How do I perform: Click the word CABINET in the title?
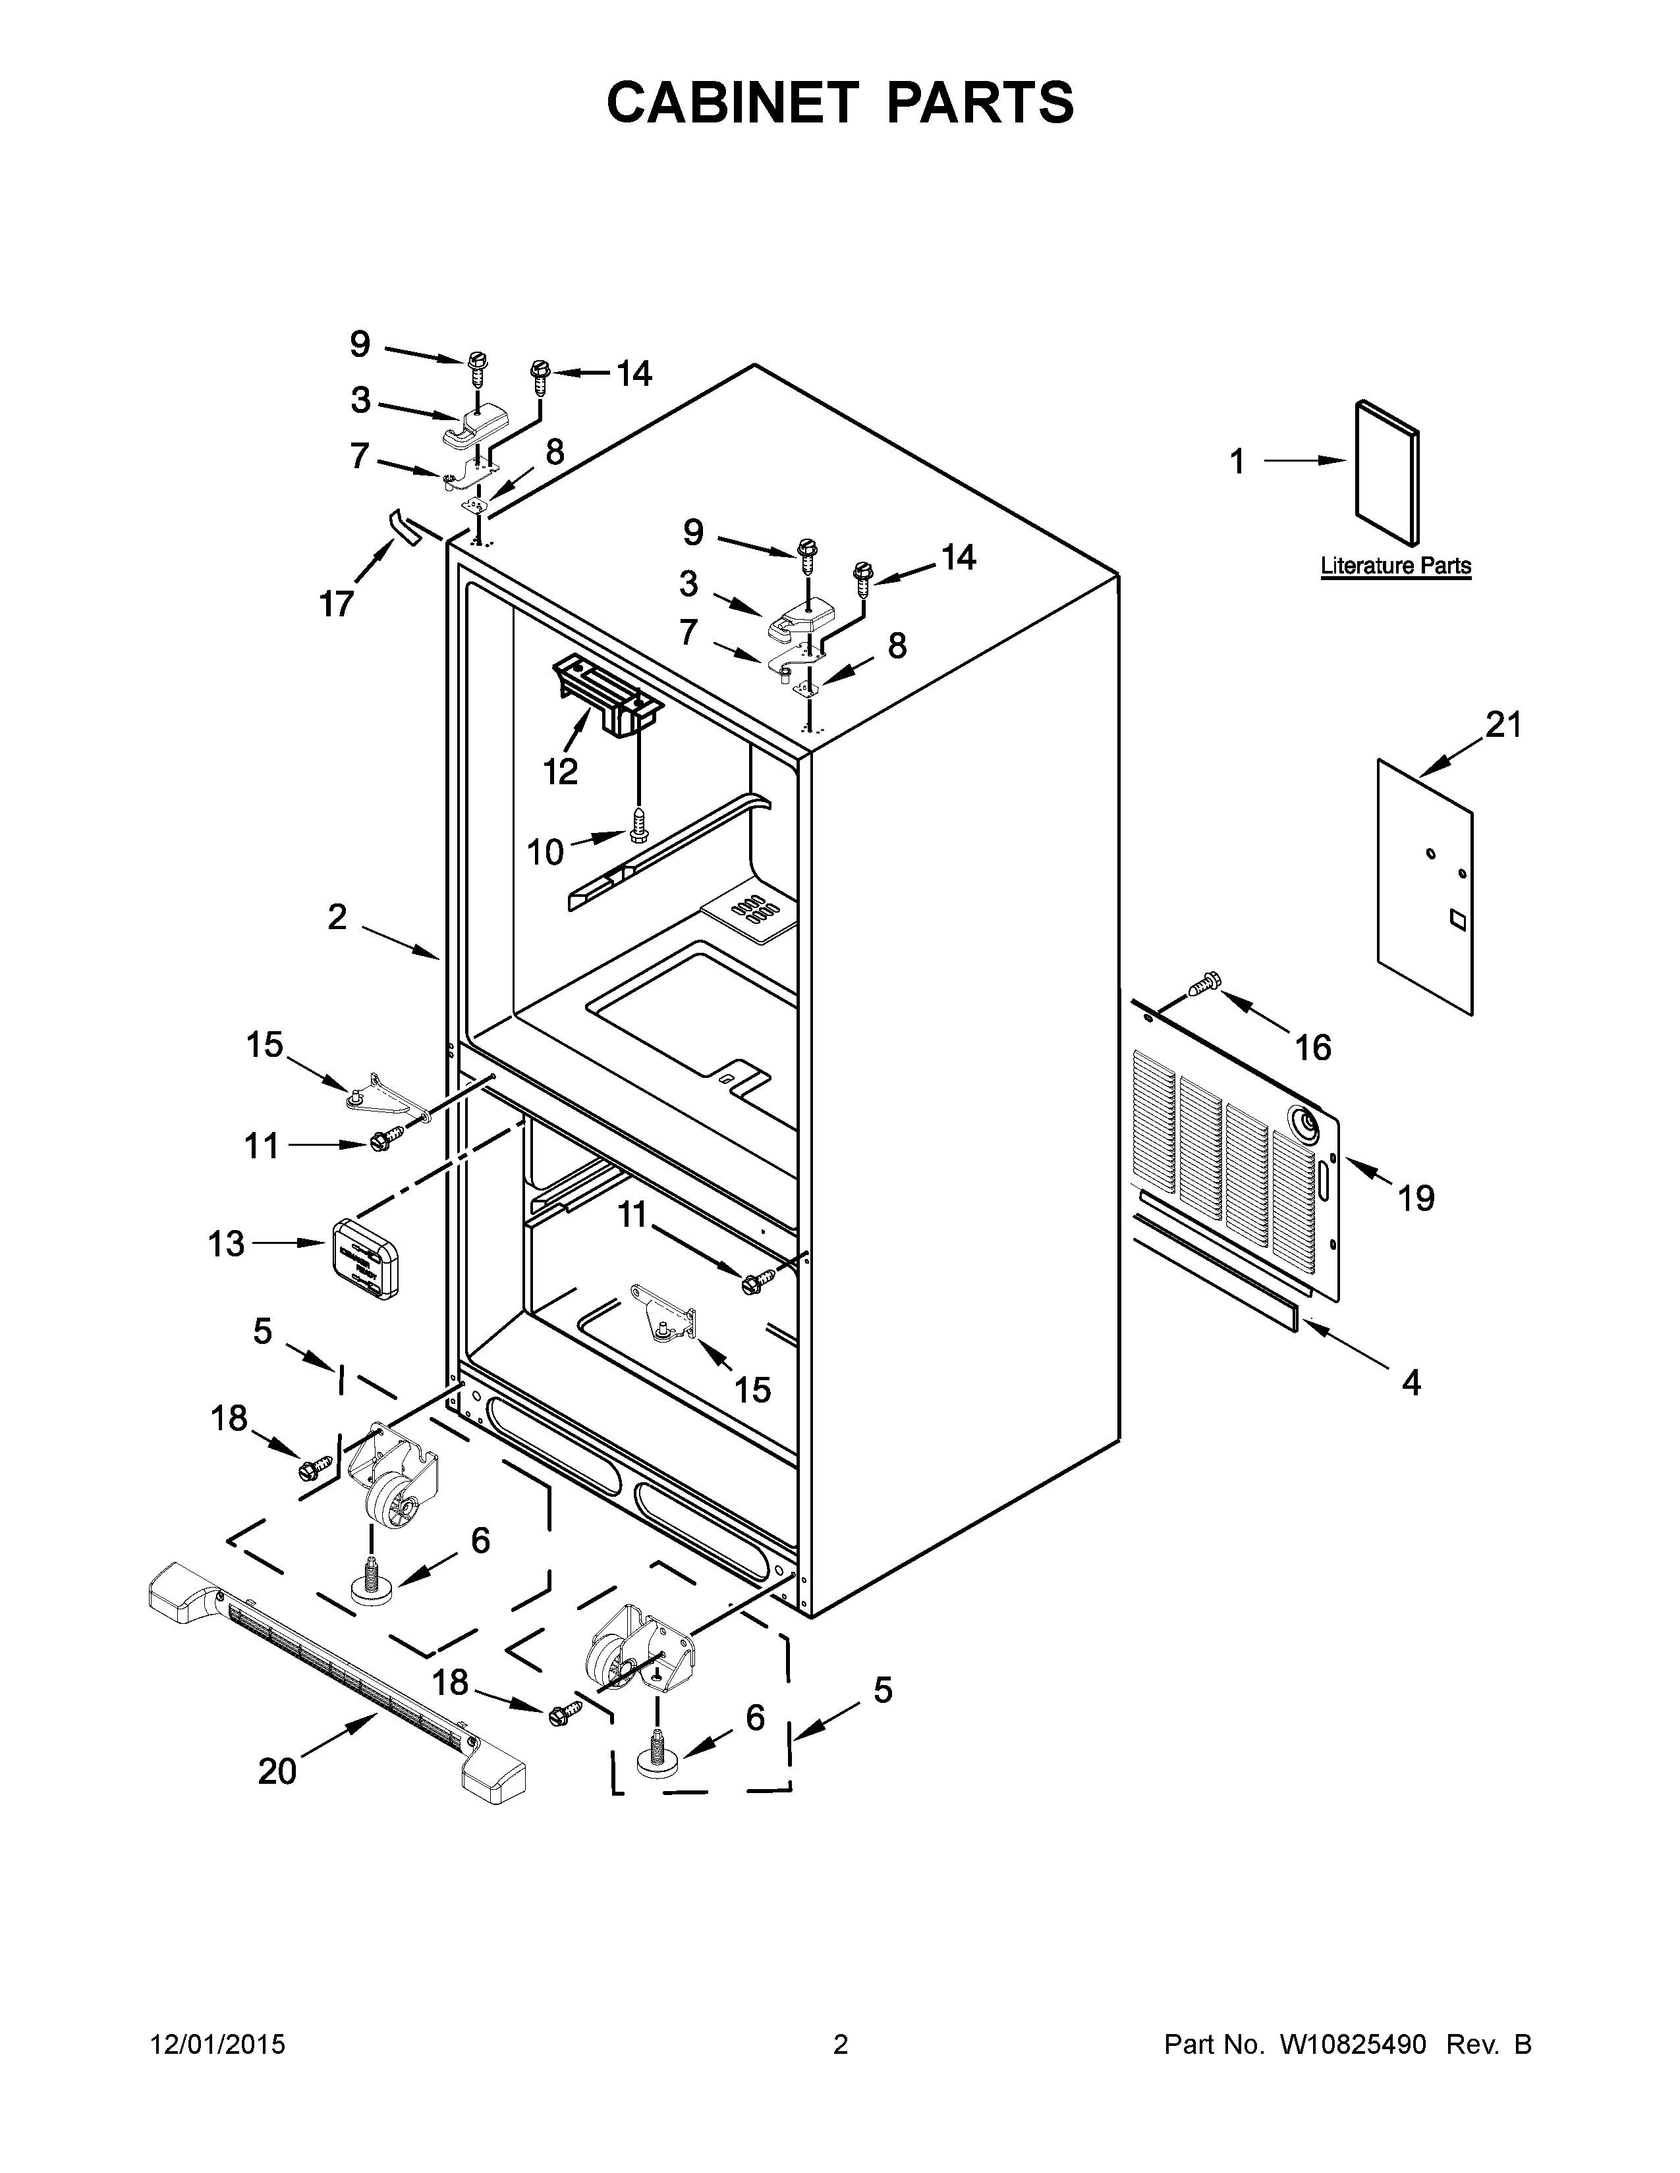(x=731, y=103)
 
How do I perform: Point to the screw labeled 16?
(x=1203, y=984)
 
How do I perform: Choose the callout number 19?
(x=1415, y=1198)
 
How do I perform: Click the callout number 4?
(x=1411, y=1382)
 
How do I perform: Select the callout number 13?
(x=227, y=1243)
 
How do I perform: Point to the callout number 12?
(x=561, y=771)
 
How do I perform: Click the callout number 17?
(x=337, y=603)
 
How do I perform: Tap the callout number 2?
(x=337, y=917)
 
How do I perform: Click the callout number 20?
(x=277, y=1771)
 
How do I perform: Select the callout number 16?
(x=1313, y=1047)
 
